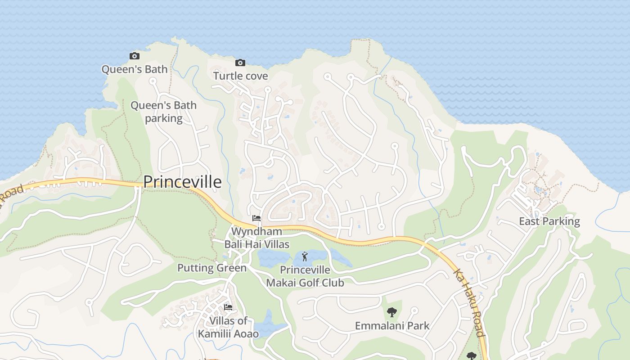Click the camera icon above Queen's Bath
(134, 56)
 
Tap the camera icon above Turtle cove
(240, 63)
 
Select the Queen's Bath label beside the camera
(134, 69)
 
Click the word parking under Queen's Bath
(164, 118)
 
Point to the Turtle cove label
(240, 76)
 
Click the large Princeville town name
(182, 182)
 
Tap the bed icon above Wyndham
(256, 218)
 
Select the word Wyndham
(256, 231)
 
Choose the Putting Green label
(211, 268)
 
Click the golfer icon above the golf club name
(305, 257)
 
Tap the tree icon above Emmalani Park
(392, 312)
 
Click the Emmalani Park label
(392, 325)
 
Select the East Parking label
(549, 221)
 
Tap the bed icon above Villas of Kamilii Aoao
(228, 307)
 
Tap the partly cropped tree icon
(471, 356)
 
